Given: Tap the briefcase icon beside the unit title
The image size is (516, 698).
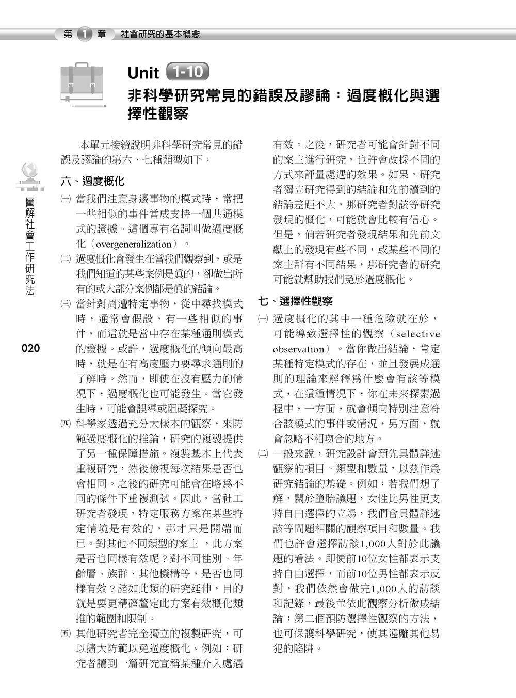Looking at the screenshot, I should click(83, 84).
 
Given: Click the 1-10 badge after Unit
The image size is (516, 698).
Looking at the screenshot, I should click(188, 72).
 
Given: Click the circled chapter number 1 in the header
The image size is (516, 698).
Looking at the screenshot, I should click(84, 35).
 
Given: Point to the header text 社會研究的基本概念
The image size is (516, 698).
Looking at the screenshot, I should click(160, 35).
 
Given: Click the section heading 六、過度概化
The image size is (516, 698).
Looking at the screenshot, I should click(92, 182).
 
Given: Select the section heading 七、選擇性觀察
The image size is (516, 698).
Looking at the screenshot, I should click(295, 301).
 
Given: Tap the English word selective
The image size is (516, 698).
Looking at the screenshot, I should click(418, 334).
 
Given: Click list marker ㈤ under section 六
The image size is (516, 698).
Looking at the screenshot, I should click(65, 634).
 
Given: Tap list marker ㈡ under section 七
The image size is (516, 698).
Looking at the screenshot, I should click(263, 454).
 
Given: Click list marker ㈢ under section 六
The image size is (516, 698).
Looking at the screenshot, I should click(65, 304).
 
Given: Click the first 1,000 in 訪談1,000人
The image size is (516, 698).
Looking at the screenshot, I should click(375, 544).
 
